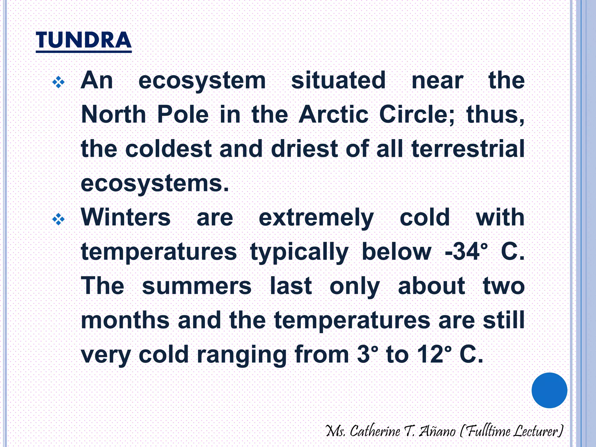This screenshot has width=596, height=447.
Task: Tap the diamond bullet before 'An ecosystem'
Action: tap(58, 82)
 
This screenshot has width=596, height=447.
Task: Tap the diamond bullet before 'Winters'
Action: tap(58, 219)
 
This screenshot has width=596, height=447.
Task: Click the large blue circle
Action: tap(549, 390)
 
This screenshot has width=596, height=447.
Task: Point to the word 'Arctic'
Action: tap(334, 114)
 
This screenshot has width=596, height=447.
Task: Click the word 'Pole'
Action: tap(183, 114)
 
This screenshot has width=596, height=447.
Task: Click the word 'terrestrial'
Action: tap(468, 149)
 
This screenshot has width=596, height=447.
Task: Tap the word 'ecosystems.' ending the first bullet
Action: tap(155, 184)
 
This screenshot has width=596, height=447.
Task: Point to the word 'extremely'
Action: tap(316, 218)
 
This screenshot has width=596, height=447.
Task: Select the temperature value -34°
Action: tap(466, 252)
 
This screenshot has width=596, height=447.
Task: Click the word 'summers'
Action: tap(197, 286)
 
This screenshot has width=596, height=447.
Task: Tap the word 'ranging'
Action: tap(242, 355)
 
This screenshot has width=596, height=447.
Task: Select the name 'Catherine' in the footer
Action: tap(375, 431)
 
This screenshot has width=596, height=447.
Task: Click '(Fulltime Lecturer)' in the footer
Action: tap(511, 431)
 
